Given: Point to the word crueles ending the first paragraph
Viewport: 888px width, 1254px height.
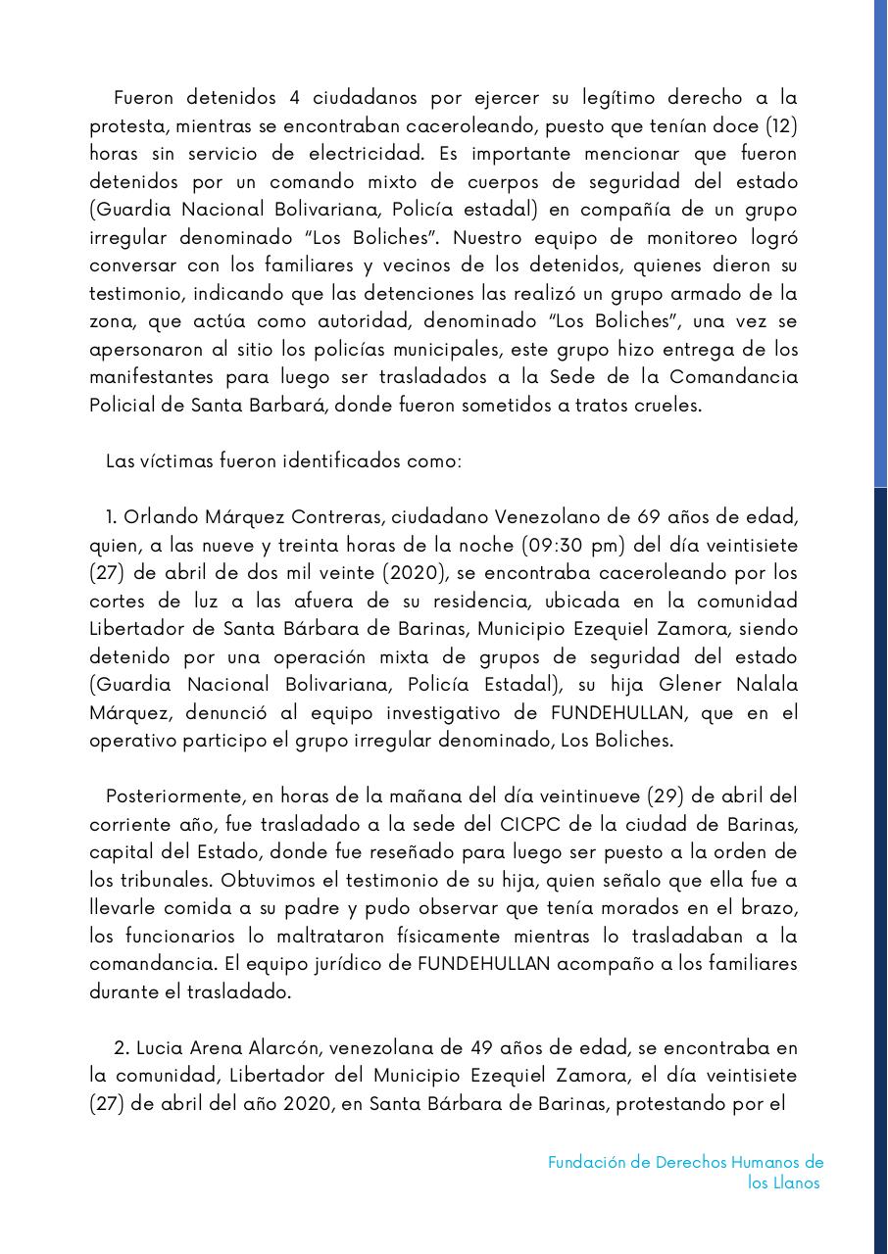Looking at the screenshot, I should (x=668, y=406).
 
